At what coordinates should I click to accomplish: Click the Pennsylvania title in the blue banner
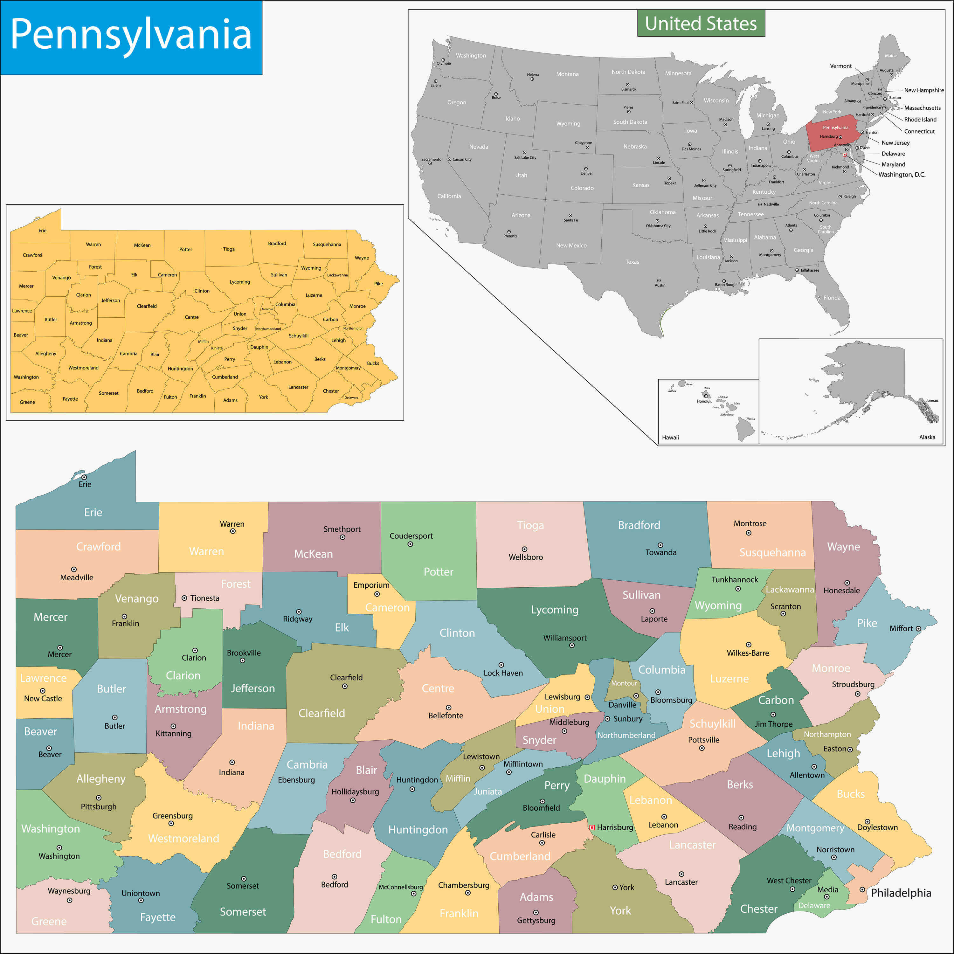click(131, 35)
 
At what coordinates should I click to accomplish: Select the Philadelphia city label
click(901, 893)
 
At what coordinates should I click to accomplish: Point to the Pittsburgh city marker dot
click(99, 798)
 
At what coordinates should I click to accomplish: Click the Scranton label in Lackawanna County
click(785, 606)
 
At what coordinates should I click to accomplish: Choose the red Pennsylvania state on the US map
click(834, 131)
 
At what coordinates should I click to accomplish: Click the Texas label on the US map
click(632, 262)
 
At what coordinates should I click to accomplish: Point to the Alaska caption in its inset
click(927, 437)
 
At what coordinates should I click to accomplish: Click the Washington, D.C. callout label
click(902, 174)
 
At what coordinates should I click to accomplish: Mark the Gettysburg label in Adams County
click(536, 920)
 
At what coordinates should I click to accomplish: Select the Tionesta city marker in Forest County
click(184, 598)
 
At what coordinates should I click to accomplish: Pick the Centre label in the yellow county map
click(191, 317)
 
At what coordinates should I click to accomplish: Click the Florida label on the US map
click(832, 298)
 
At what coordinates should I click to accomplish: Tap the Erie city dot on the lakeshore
click(84, 477)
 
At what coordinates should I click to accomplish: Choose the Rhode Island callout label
click(920, 120)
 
